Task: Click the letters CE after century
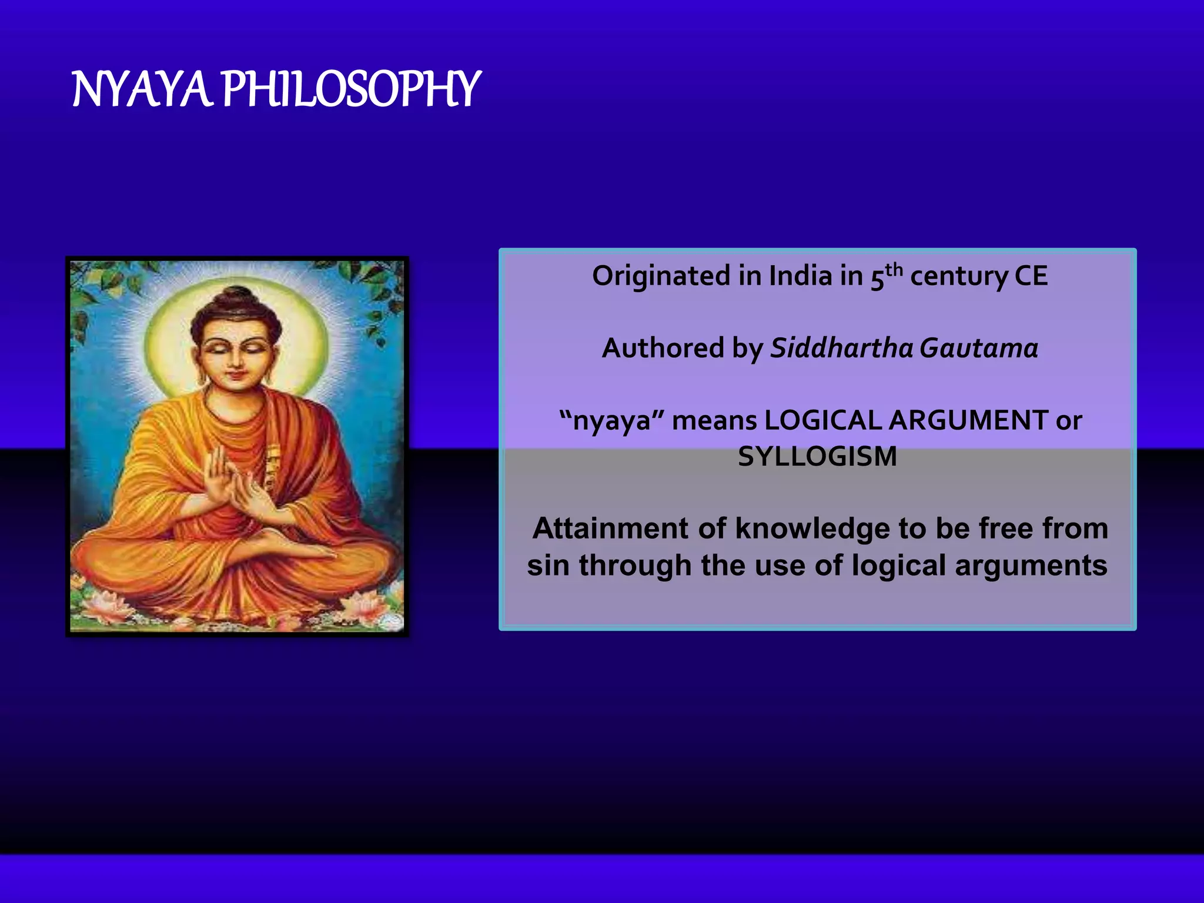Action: (x=1031, y=276)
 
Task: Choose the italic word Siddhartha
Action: (x=841, y=349)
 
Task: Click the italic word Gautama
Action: (x=978, y=349)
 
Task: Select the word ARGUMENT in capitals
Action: (x=968, y=420)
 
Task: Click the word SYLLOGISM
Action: (x=817, y=457)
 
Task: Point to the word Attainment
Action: (x=610, y=529)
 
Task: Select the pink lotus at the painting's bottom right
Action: (x=362, y=606)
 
